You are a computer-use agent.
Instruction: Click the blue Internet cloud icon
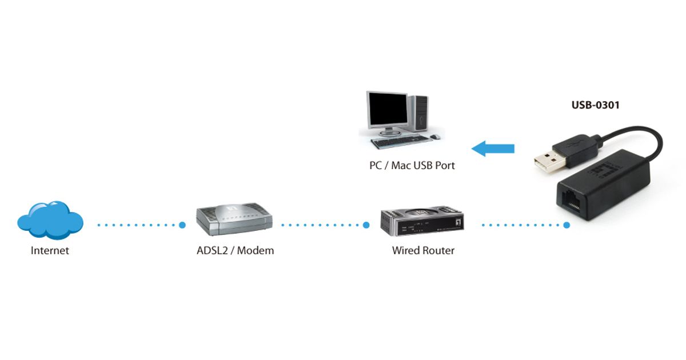point(50,220)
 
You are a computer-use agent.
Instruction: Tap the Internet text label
point(50,250)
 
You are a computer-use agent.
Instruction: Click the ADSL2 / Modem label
point(232,250)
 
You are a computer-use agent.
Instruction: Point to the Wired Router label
point(423,250)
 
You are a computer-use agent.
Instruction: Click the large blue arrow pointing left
point(493,149)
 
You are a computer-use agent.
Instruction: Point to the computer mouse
point(435,137)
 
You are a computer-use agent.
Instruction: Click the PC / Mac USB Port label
point(412,166)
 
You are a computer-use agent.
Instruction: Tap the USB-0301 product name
point(595,105)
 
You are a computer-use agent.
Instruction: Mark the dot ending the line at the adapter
point(567,225)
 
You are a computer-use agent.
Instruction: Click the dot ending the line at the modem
point(182,225)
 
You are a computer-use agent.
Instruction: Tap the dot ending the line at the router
point(366,225)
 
